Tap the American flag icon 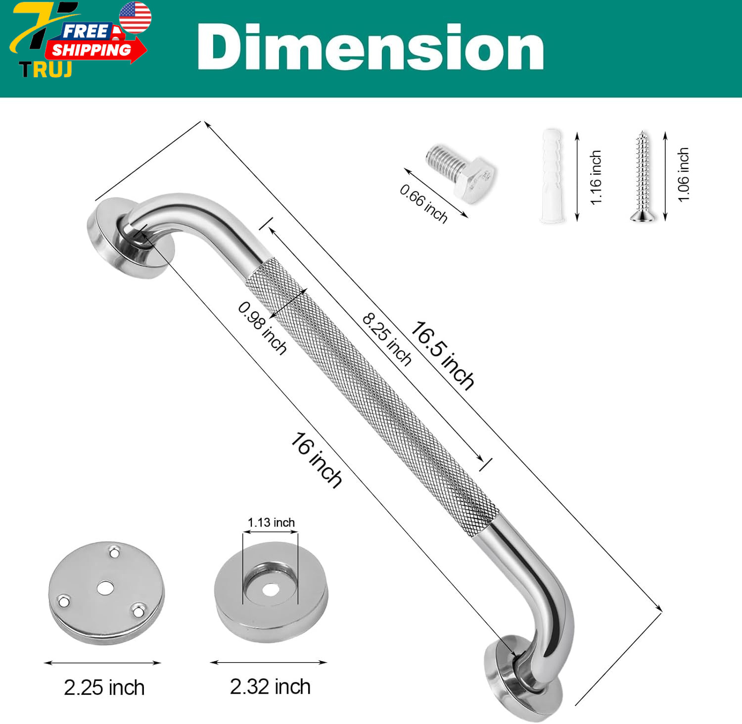(x=135, y=17)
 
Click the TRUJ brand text (x=46, y=70)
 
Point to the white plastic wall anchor (x=552, y=176)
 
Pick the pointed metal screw (x=643, y=176)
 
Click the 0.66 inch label (x=423, y=203)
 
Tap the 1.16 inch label (x=596, y=177)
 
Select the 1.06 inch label (x=683, y=175)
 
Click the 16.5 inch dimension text (x=442, y=355)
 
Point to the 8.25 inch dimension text (x=387, y=339)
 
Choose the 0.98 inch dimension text (x=262, y=328)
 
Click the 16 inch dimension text (x=316, y=460)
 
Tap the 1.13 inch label (x=271, y=523)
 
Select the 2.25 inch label (x=104, y=688)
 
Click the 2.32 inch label (x=270, y=687)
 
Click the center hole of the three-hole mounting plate (x=105, y=588)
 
